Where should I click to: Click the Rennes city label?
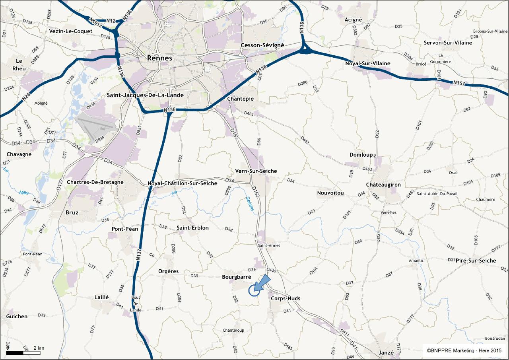159,58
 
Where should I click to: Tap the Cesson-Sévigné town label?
262,45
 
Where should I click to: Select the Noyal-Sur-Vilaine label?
368,63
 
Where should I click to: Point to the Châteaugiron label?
383,185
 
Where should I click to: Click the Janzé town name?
386,352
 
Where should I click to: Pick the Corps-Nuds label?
285,298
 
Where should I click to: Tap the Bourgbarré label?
237,277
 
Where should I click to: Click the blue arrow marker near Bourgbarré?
260,284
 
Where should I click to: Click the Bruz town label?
72,212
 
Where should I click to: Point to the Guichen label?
17,316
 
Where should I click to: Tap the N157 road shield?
459,83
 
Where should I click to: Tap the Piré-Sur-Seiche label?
476,261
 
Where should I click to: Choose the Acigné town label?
354,20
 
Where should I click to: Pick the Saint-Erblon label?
192,228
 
